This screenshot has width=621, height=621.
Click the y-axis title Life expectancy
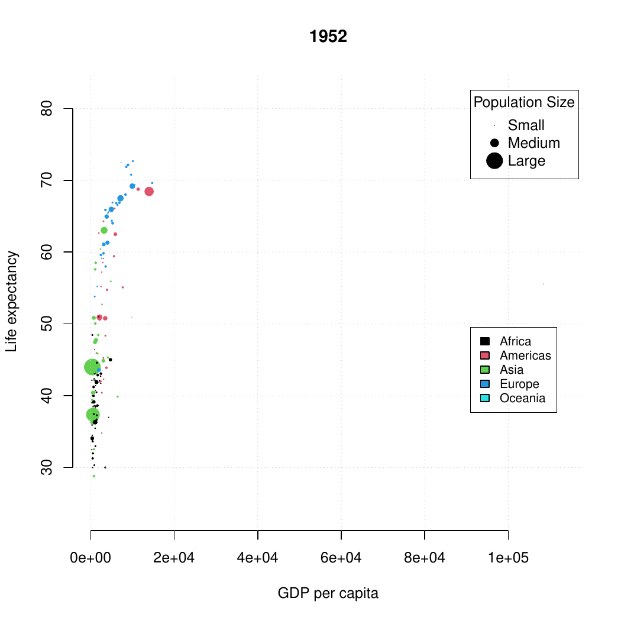click(12, 302)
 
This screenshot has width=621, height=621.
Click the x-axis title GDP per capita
click(328, 593)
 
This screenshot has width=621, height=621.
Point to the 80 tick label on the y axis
click(48, 109)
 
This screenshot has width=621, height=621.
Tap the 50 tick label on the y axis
click(48, 324)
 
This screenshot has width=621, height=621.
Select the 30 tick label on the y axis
click(48, 467)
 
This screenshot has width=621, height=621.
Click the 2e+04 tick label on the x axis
click(174, 559)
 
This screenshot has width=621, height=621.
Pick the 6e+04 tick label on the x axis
click(341, 559)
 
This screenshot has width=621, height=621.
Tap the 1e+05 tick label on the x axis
click(507, 559)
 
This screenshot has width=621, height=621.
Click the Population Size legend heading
click(524, 102)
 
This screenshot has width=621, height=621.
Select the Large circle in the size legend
click(494, 160)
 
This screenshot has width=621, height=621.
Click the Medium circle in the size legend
click(494, 143)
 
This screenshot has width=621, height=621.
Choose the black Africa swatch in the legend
click(485, 341)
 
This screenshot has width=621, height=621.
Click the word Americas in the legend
click(525, 355)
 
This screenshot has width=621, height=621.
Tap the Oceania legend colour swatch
click(485, 398)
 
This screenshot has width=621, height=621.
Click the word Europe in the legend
click(519, 384)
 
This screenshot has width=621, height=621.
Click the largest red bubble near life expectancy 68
click(149, 191)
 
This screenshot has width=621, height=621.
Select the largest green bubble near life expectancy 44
click(92, 367)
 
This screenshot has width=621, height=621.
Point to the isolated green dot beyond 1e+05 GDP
click(543, 284)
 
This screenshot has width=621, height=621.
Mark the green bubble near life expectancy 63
click(104, 230)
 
